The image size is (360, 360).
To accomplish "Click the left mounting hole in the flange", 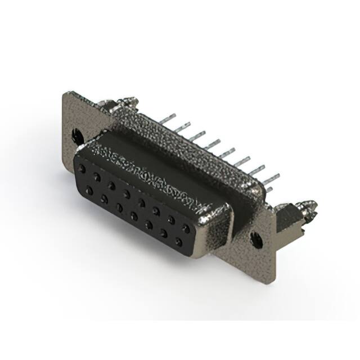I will (x=77, y=136).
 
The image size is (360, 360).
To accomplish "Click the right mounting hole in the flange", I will (x=257, y=240).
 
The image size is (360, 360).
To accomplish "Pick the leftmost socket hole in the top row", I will (x=83, y=168).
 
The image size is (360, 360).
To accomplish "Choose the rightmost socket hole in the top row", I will (x=186, y=228).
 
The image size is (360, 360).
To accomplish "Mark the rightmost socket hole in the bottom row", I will (x=179, y=242).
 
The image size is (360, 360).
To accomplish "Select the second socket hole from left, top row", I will (x=97, y=177).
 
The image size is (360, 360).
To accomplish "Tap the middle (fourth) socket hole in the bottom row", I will (x=134, y=215).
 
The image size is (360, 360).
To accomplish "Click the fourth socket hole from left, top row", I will (x=127, y=194).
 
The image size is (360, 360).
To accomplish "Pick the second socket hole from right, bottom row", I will (x=164, y=233).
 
